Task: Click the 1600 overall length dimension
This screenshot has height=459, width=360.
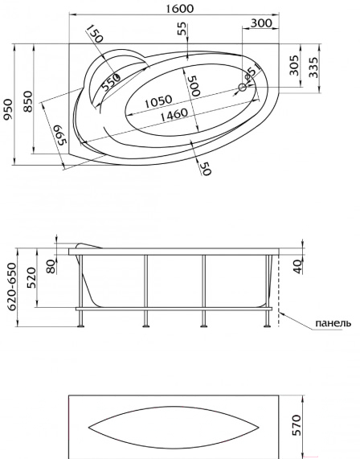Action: click(x=180, y=9)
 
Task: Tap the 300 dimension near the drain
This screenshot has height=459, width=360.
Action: click(x=261, y=23)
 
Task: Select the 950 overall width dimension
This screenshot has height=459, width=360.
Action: click(x=9, y=109)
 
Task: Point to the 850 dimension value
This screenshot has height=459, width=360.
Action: click(x=28, y=101)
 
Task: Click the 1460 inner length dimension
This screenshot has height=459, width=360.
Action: click(x=174, y=115)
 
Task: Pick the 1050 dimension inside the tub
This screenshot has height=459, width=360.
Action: click(x=158, y=101)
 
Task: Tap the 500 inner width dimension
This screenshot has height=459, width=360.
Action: click(x=194, y=86)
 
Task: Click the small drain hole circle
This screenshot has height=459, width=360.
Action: click(x=243, y=87)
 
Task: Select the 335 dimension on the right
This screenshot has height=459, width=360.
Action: click(x=313, y=67)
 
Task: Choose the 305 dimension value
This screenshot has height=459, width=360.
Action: click(x=294, y=65)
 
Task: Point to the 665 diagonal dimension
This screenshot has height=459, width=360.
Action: click(x=60, y=135)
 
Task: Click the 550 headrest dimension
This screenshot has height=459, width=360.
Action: click(x=111, y=82)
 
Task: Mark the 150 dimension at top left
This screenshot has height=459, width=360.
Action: click(x=95, y=33)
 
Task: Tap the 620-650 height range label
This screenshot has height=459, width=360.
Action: click(x=12, y=287)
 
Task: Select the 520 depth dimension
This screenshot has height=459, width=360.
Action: click(x=31, y=277)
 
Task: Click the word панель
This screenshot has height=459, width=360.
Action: click(x=333, y=323)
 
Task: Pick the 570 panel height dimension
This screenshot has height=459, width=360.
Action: click(x=297, y=424)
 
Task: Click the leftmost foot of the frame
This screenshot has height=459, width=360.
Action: click(x=80, y=326)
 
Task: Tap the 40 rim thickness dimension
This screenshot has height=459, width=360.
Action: click(x=298, y=267)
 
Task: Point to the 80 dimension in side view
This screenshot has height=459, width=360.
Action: click(x=51, y=266)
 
